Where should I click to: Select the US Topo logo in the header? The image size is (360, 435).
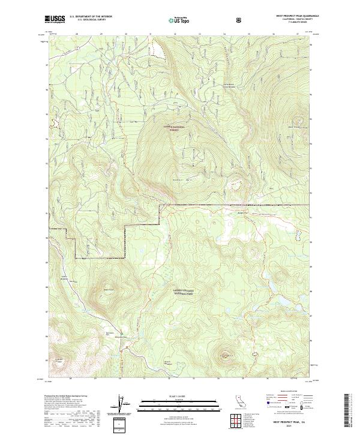[180, 20]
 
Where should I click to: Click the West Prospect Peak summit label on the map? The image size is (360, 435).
[295, 127]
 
